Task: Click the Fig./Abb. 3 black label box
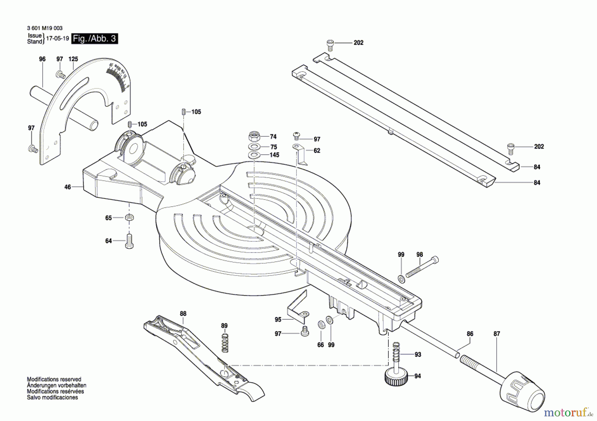pyautogui.click(x=95, y=39)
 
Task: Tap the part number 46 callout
pyautogui.click(x=68, y=187)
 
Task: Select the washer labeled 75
pyautogui.click(x=254, y=147)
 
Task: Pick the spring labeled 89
pyautogui.click(x=225, y=343)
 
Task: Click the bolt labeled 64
pyautogui.click(x=129, y=241)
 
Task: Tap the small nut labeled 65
pyautogui.click(x=129, y=218)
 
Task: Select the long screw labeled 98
pyautogui.click(x=422, y=267)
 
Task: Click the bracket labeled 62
pyautogui.click(x=300, y=154)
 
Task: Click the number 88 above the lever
pyautogui.click(x=183, y=313)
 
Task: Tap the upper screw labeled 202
pyautogui.click(x=330, y=44)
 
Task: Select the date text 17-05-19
pyautogui.click(x=57, y=38)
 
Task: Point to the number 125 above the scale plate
pyautogui.click(x=73, y=59)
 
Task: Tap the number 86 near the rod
pyautogui.click(x=470, y=334)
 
